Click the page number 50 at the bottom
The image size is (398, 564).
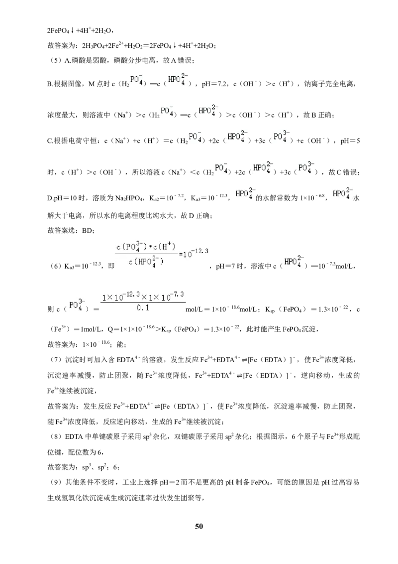click(199, 526)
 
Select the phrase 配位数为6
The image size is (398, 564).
click(86, 452)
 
